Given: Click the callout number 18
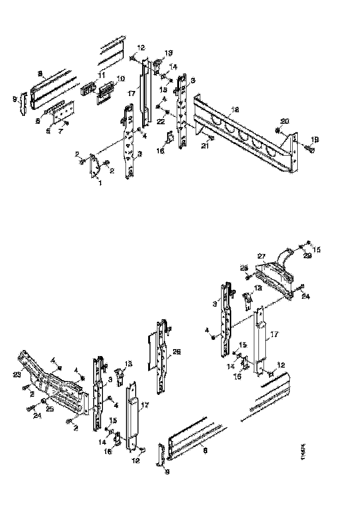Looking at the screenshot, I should pyautogui.click(x=235, y=110).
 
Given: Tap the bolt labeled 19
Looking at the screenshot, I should pyautogui.click(x=310, y=148).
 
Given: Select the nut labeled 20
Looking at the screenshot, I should pyautogui.click(x=277, y=131).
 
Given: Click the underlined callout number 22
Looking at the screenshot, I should pyautogui.click(x=161, y=121).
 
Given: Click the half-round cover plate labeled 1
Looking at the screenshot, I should pyautogui.click(x=94, y=166).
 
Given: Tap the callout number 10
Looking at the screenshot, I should pyautogui.click(x=120, y=79).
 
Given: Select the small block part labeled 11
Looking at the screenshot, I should pyautogui.click(x=87, y=89).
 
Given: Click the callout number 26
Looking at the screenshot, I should pyautogui.click(x=176, y=351).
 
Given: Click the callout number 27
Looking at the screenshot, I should pyautogui.click(x=262, y=255).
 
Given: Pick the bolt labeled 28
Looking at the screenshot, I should pyautogui.click(x=248, y=277).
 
